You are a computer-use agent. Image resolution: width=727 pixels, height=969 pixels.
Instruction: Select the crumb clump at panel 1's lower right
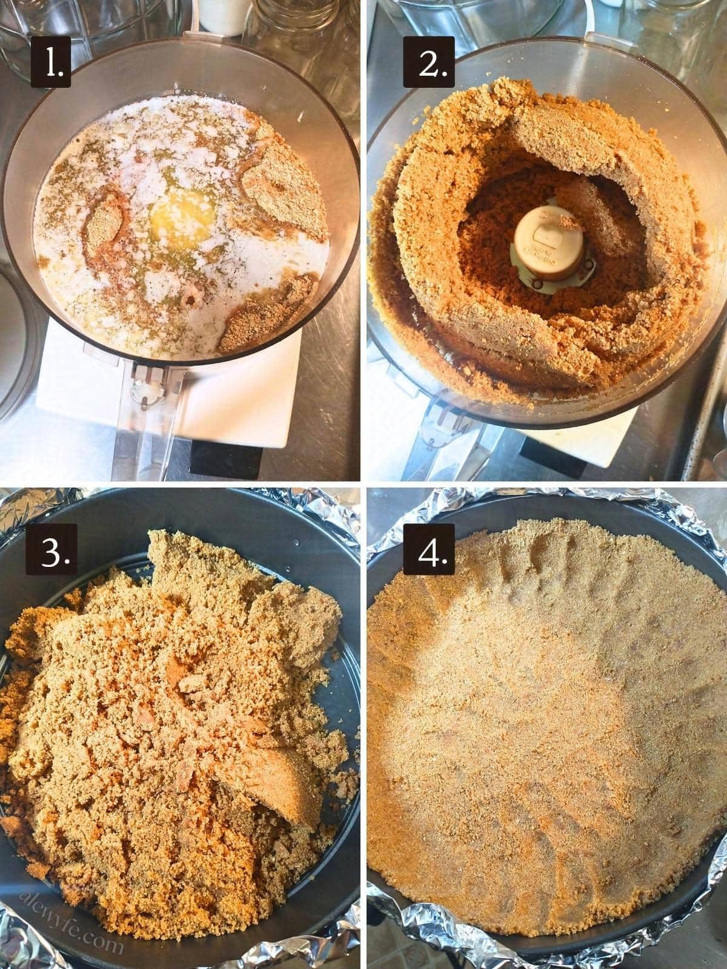(267, 315)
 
